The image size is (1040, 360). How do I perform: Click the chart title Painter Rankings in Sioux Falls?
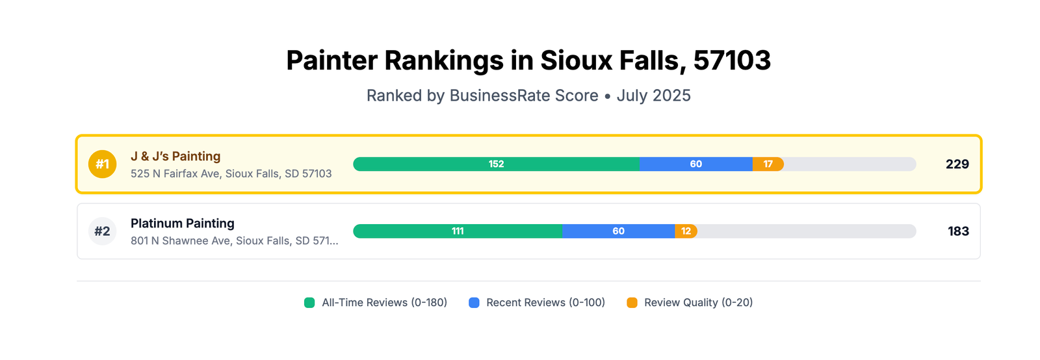click(x=528, y=60)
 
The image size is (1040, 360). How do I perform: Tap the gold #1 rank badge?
click(x=103, y=164)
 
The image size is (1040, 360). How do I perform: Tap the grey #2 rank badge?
click(x=103, y=231)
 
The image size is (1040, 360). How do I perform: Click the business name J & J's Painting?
click(x=175, y=157)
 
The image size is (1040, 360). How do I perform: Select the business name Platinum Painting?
click(x=183, y=224)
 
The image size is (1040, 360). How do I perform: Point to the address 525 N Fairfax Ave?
click(x=231, y=174)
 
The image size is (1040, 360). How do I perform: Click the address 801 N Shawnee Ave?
click(x=234, y=241)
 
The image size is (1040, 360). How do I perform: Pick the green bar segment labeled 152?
click(x=496, y=164)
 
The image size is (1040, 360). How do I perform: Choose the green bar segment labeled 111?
click(x=458, y=231)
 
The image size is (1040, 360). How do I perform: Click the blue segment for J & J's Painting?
click(x=695, y=164)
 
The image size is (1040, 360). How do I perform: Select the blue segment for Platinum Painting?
click(x=618, y=231)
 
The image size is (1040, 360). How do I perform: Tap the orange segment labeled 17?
click(x=768, y=164)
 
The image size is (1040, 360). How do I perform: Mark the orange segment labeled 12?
click(x=686, y=231)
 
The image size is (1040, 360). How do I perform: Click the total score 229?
click(x=957, y=164)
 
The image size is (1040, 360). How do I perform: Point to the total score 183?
click(x=958, y=231)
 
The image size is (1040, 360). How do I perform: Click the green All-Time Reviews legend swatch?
click(x=309, y=303)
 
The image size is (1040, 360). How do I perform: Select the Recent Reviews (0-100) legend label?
click(x=545, y=303)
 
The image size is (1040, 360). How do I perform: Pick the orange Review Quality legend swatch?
click(x=632, y=303)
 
